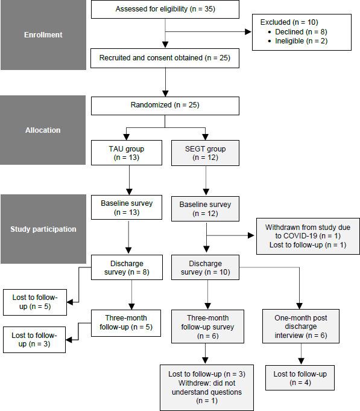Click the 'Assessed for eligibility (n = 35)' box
[165, 9]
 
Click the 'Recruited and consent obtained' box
[165, 59]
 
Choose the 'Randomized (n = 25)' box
[165, 105]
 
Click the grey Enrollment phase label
[43, 35]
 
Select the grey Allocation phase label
[43, 130]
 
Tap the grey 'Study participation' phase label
[43, 229]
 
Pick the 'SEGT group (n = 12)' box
[206, 153]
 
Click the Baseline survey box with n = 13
[127, 208]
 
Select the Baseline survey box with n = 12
[205, 209]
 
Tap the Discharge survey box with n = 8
[127, 268]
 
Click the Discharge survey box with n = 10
[205, 268]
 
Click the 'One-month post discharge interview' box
[300, 327]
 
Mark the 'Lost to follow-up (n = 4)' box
[300, 378]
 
